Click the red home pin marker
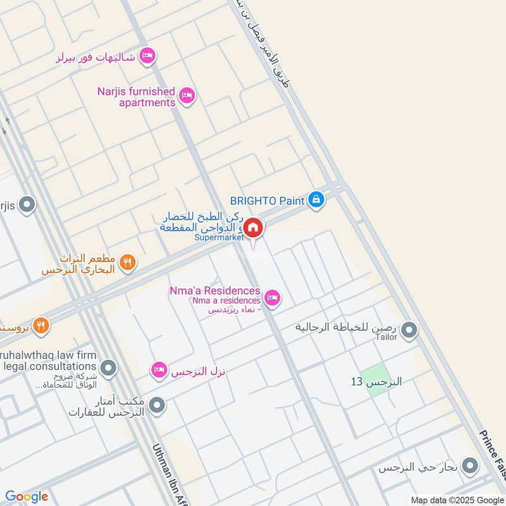coord(253,227)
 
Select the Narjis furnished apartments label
coord(136,97)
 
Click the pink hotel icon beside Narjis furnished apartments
coord(187,96)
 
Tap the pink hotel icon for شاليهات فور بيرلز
coord(147,56)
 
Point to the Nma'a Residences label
coord(214,290)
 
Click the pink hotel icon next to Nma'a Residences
coord(272,297)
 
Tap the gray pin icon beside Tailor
coord(410,330)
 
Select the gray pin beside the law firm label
coord(109,367)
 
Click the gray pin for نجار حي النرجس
coord(469,467)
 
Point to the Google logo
coord(27,497)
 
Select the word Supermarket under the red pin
coord(219,238)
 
